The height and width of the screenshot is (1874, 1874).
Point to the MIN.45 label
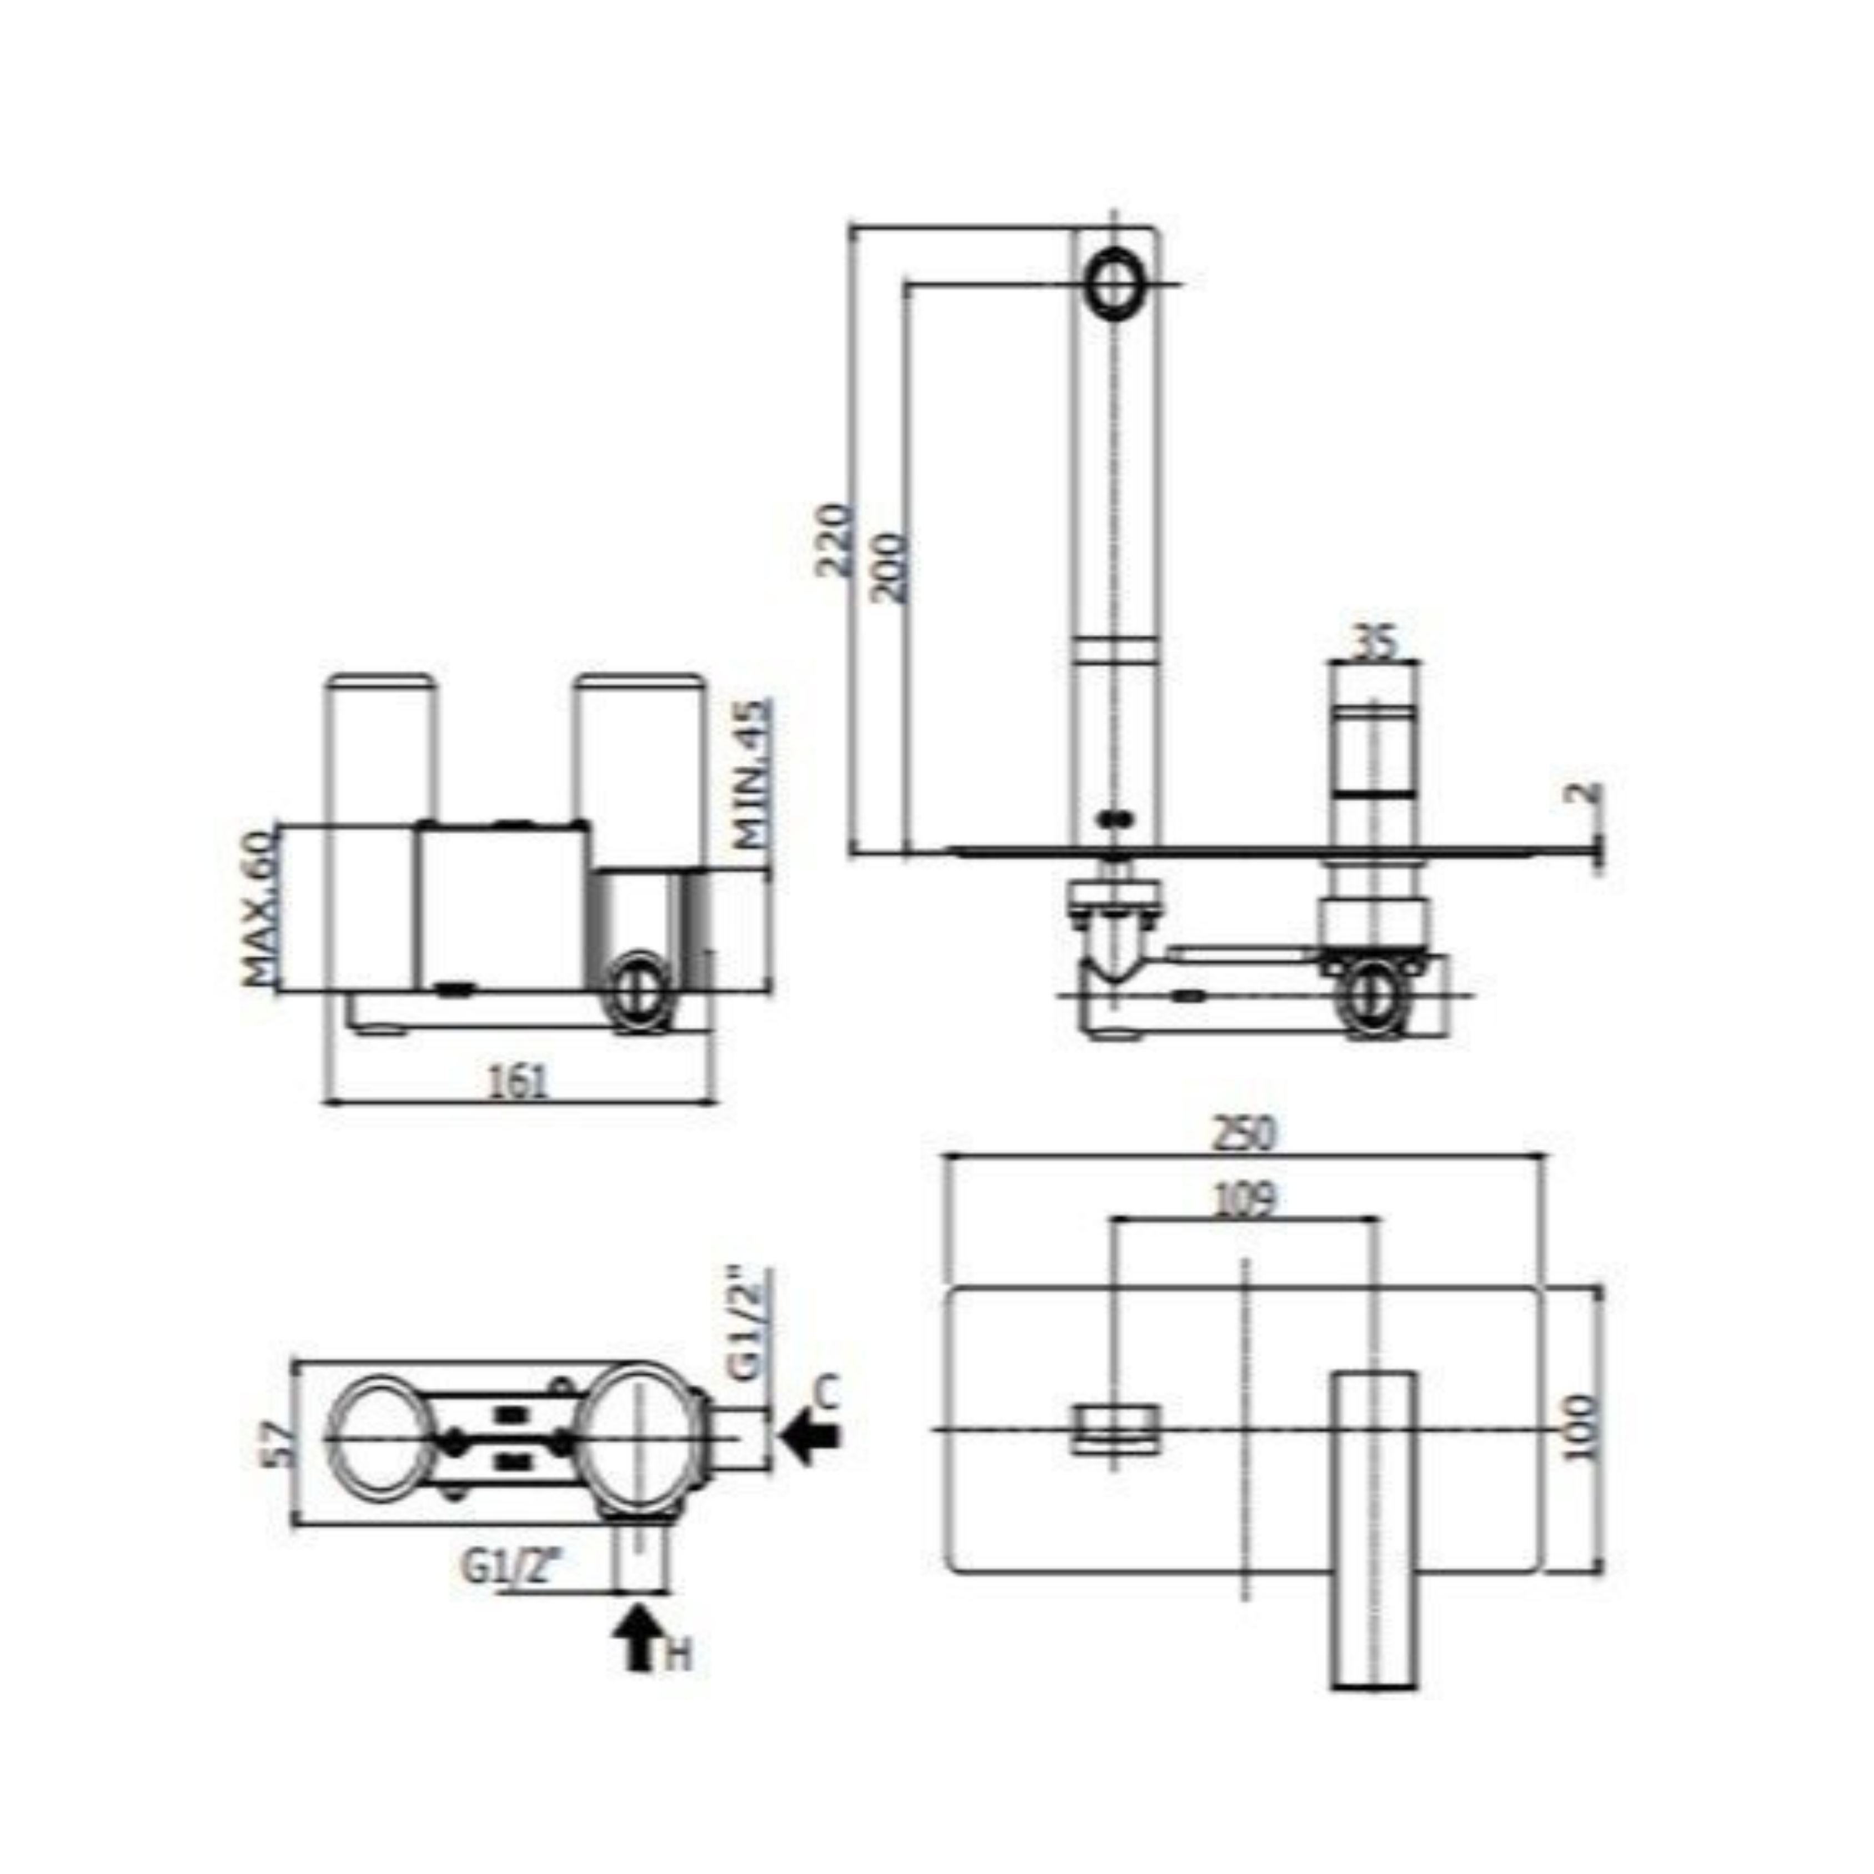point(753,774)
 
